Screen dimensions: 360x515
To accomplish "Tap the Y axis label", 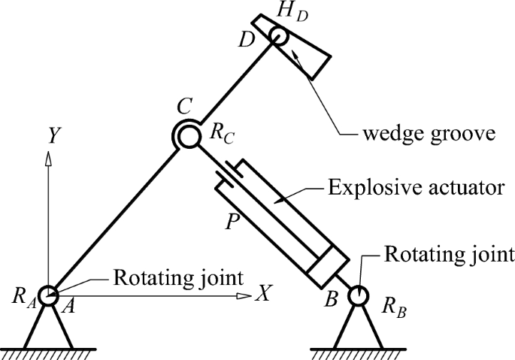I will (x=53, y=135).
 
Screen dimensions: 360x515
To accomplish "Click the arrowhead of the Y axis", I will (x=48, y=157).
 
